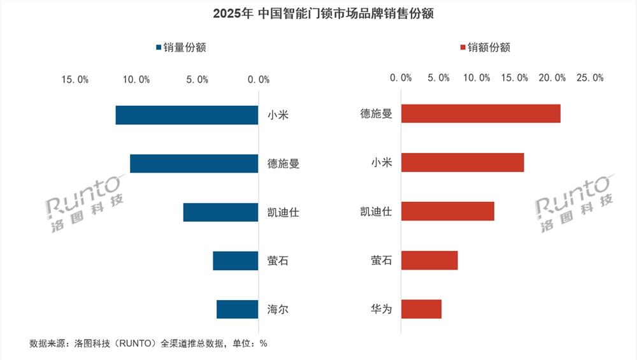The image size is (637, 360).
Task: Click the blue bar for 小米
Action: click(x=187, y=115)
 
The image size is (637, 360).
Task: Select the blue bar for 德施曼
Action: click(x=194, y=164)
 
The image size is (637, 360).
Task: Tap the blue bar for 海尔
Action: click(x=237, y=309)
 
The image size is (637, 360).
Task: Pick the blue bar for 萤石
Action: click(x=235, y=261)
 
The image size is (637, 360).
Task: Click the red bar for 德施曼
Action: click(x=480, y=113)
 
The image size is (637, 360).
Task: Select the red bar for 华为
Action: click(x=421, y=309)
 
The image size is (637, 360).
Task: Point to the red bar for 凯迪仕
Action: click(x=447, y=211)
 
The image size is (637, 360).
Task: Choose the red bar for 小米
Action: click(x=462, y=162)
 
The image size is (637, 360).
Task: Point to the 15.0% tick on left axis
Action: click(x=75, y=79)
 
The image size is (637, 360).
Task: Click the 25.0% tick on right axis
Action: click(x=589, y=77)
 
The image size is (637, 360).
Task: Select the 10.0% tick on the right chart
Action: click(x=476, y=77)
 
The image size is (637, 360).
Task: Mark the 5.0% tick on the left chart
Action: click(x=197, y=79)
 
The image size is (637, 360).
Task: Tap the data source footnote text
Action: click(x=148, y=343)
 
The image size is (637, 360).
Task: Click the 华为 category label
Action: click(x=381, y=310)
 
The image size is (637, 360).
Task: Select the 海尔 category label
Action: click(x=278, y=310)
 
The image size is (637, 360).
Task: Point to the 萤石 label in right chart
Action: click(x=381, y=261)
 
